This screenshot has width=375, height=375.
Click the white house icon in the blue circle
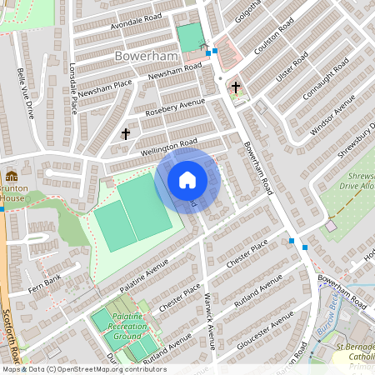click(x=187, y=180)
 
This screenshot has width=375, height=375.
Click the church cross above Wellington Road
click(x=127, y=133)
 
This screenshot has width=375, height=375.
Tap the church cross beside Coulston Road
click(x=236, y=87)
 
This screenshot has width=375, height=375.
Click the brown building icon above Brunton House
click(x=12, y=177)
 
